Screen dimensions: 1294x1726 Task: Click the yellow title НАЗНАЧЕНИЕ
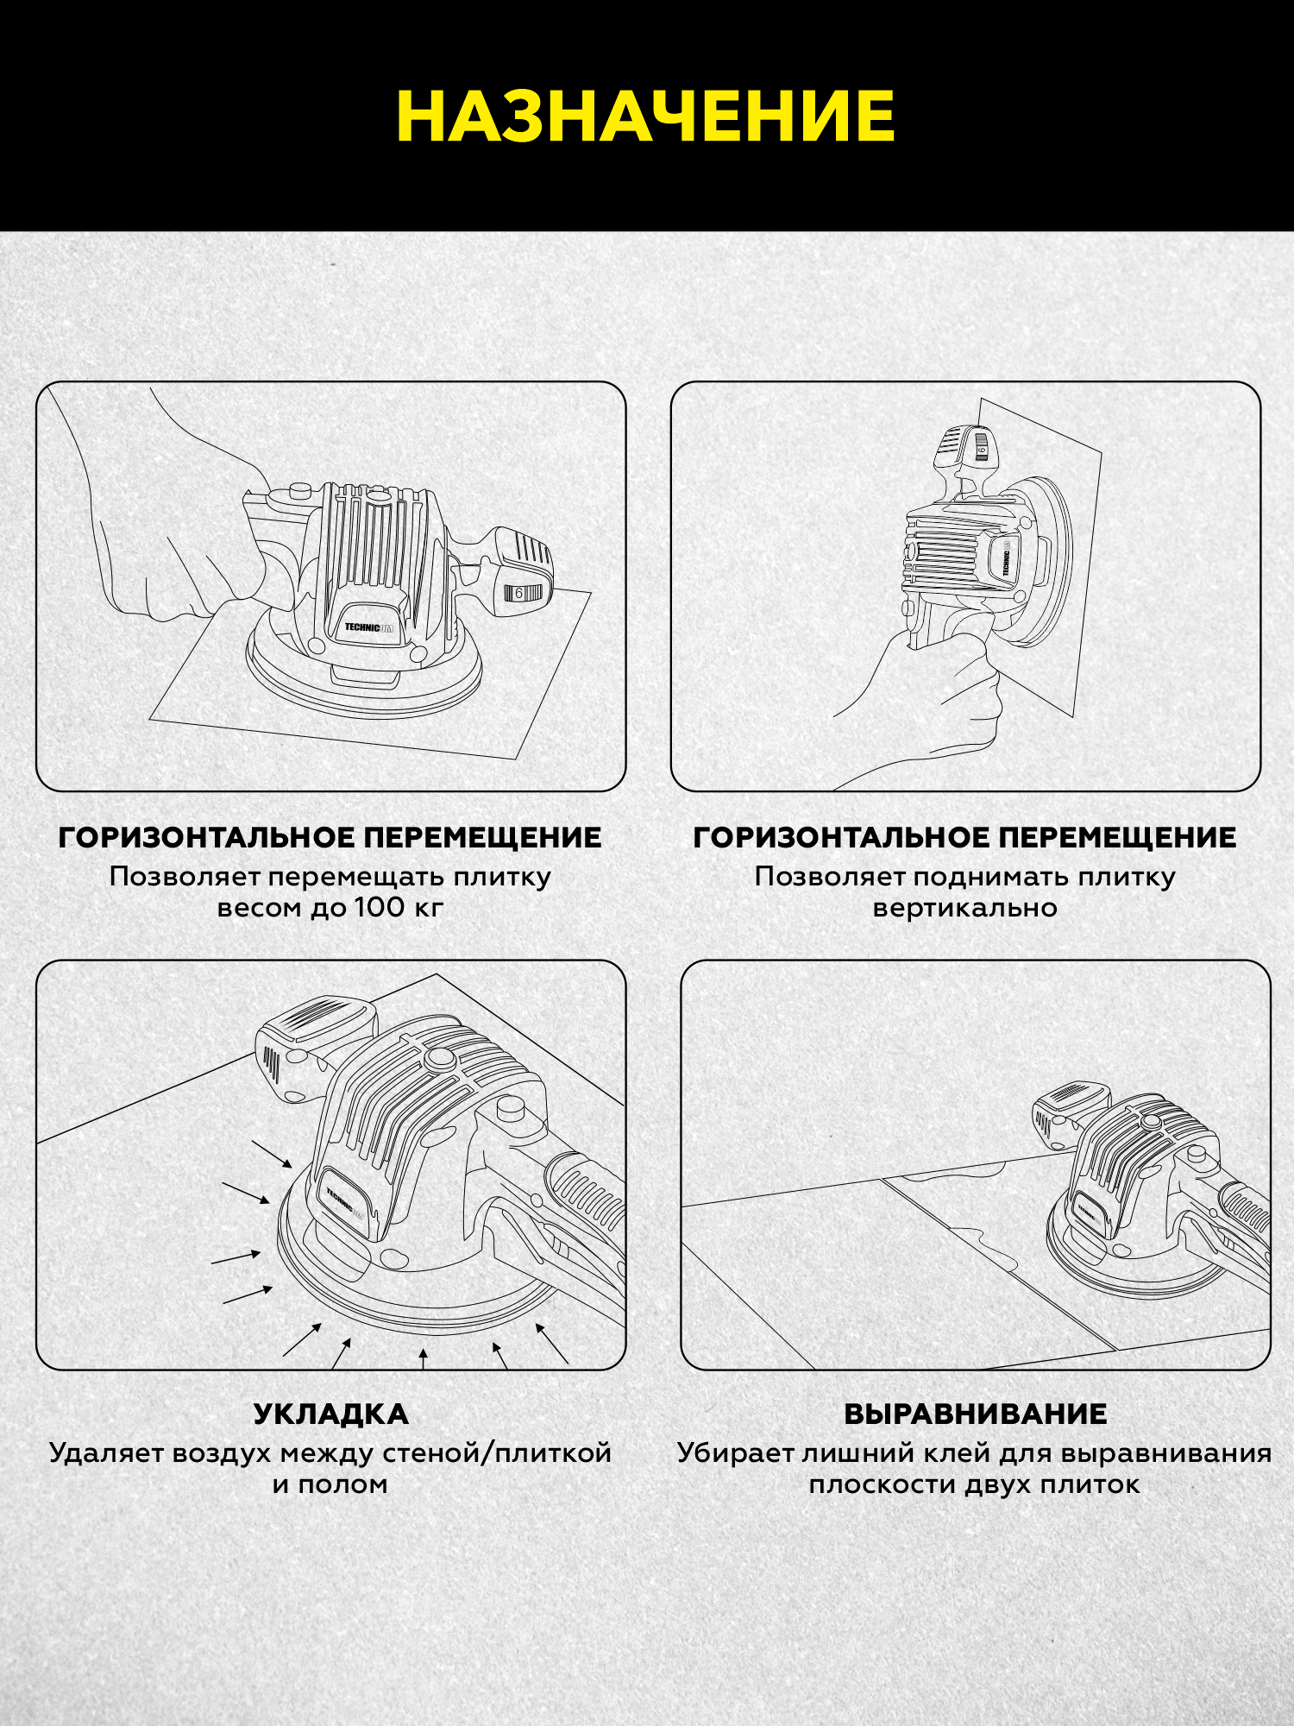pyautogui.click(x=646, y=117)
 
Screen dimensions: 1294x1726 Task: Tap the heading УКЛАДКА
pyautogui.click(x=331, y=1414)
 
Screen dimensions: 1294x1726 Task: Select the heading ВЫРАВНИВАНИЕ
pyautogui.click(x=976, y=1414)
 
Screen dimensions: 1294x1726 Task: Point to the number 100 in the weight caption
pyautogui.click(x=379, y=907)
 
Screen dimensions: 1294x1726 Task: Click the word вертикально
pyautogui.click(x=965, y=908)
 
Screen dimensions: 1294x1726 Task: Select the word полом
pyautogui.click(x=342, y=1485)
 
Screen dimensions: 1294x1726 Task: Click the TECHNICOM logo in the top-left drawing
pyautogui.click(x=368, y=627)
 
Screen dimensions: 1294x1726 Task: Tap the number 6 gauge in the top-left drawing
pyautogui.click(x=519, y=593)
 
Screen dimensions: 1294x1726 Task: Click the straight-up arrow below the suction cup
pyautogui.click(x=423, y=1358)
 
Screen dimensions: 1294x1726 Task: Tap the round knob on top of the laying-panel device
pyautogui.click(x=440, y=1060)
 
